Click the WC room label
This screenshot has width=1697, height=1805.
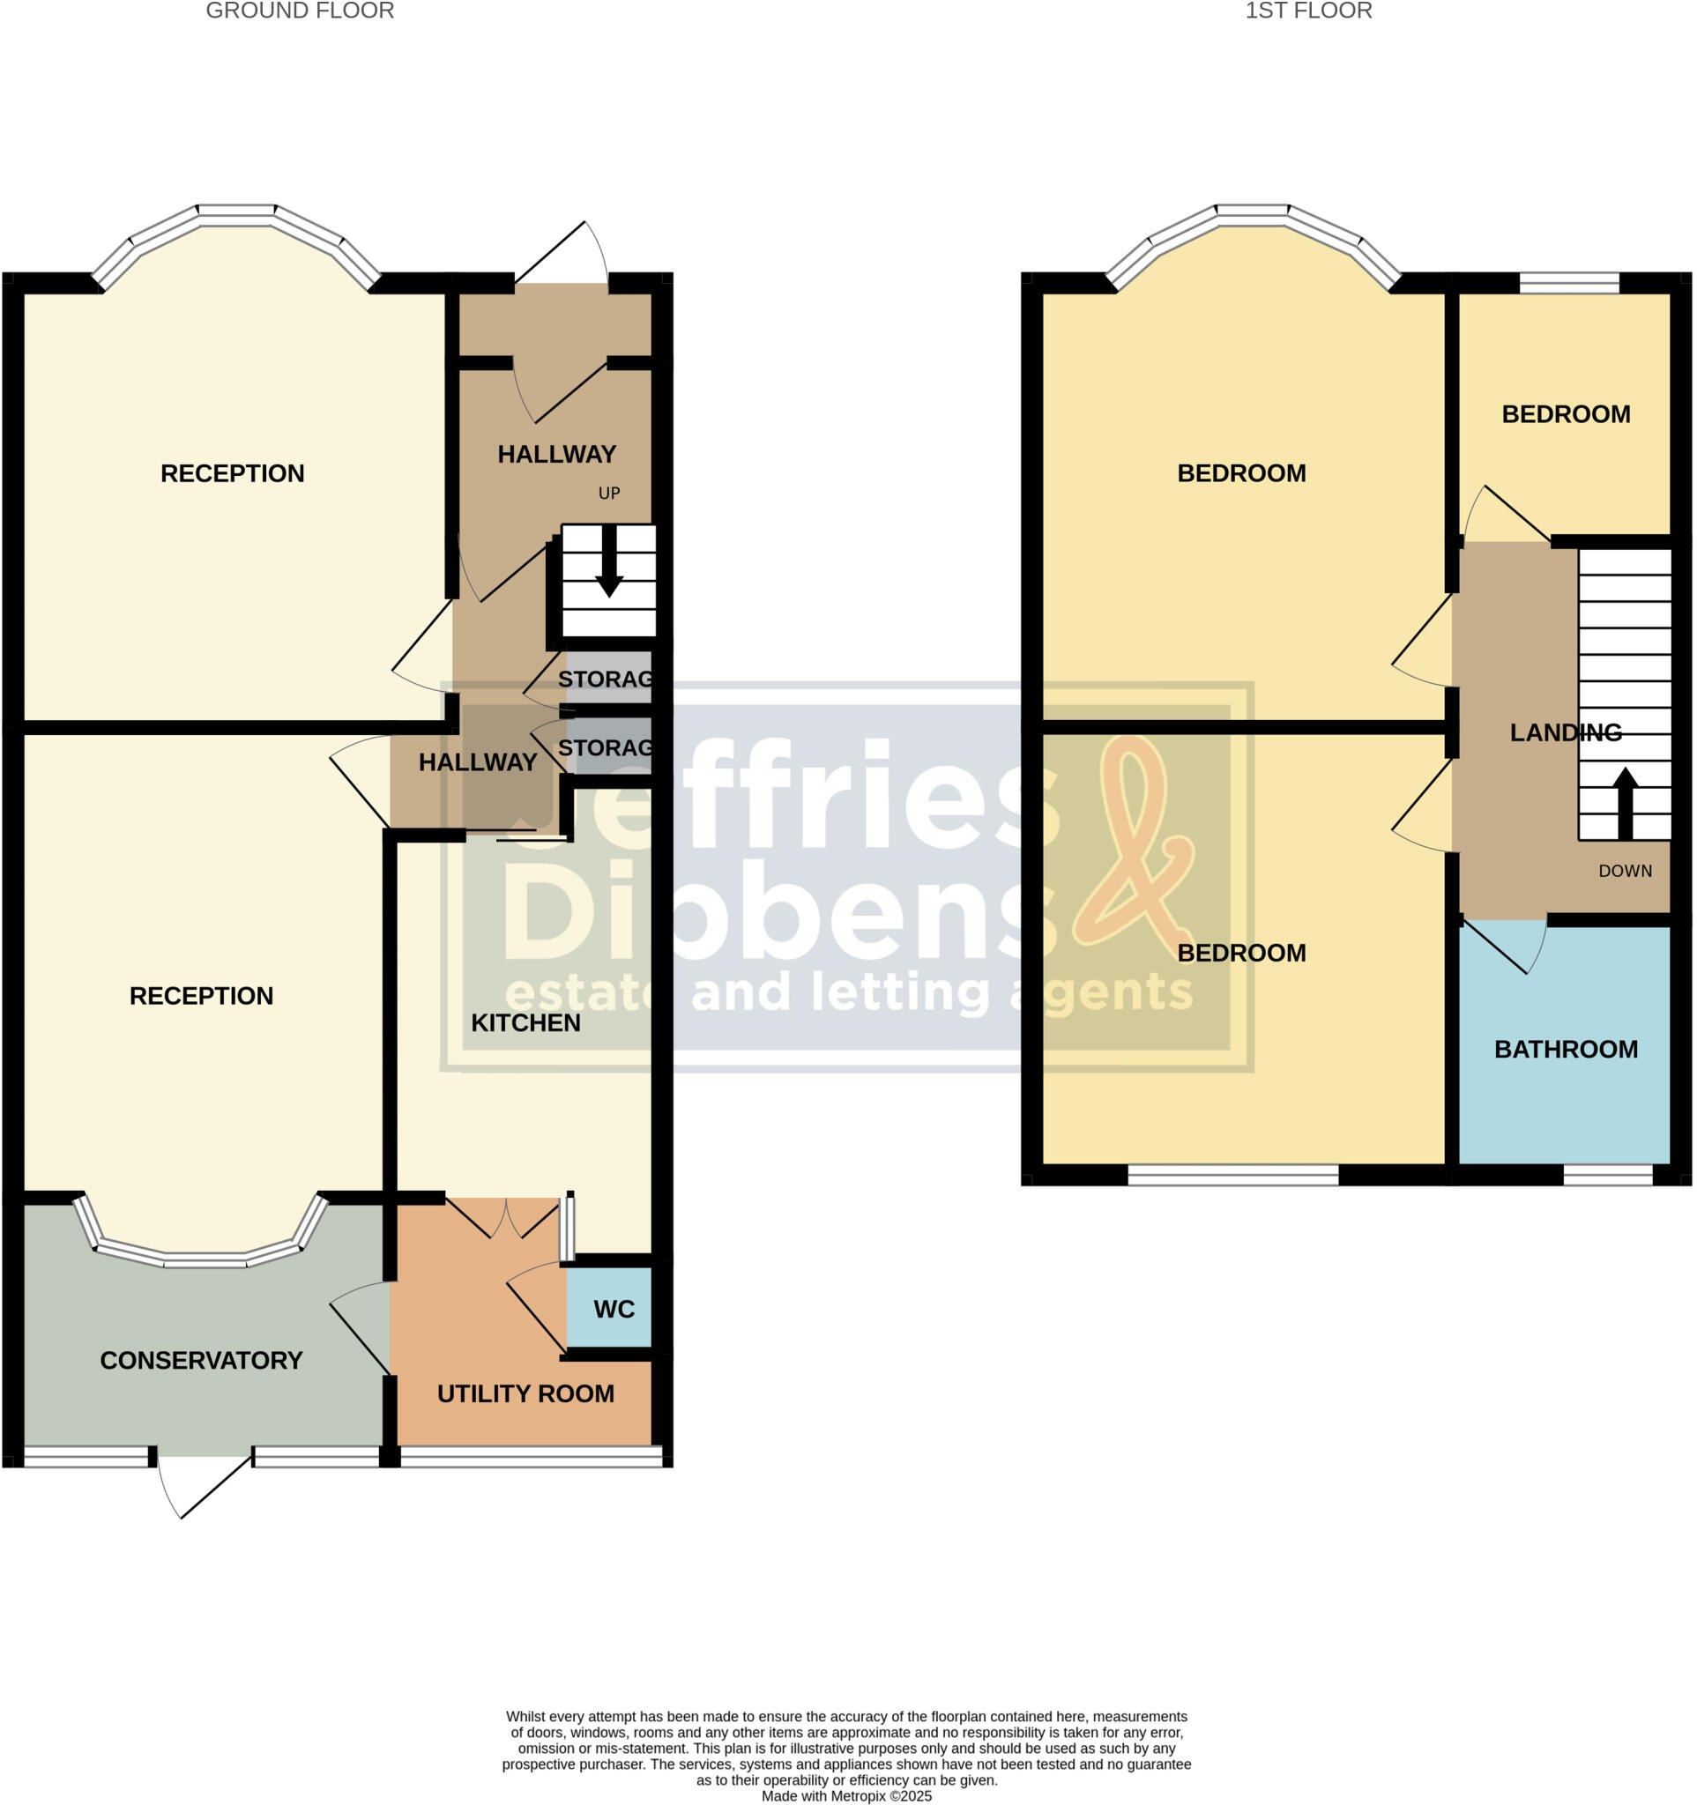(614, 1310)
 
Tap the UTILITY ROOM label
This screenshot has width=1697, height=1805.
(525, 1393)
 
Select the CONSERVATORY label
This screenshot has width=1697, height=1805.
(201, 1360)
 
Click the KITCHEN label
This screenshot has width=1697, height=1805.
(525, 1022)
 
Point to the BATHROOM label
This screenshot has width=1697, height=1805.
(1567, 1050)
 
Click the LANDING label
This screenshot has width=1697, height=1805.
(1566, 732)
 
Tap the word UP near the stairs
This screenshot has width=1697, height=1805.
(608, 493)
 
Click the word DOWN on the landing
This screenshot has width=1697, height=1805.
(1625, 871)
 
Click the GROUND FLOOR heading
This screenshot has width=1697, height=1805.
(300, 11)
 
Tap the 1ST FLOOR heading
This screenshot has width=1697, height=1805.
(1307, 11)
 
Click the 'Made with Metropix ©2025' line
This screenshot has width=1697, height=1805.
(846, 1795)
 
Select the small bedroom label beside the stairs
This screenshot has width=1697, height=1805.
(1566, 414)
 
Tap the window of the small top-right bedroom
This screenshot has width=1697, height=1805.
(1569, 283)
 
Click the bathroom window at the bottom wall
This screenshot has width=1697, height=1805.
(1607, 1175)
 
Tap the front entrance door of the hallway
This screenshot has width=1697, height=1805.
(562, 254)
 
